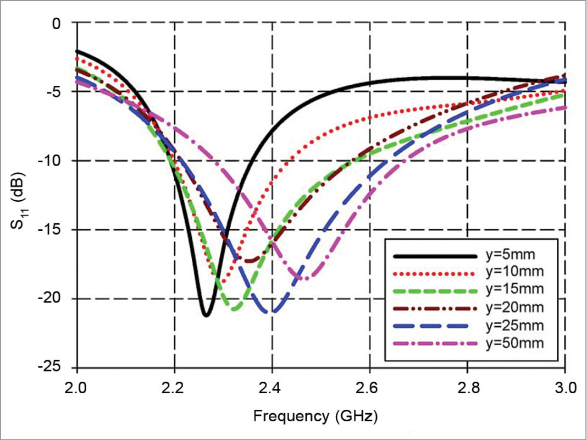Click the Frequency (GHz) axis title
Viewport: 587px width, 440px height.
[x=315, y=416]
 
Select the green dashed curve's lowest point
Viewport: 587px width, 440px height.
[x=235, y=309]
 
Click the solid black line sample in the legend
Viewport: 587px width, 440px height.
[x=434, y=256]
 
